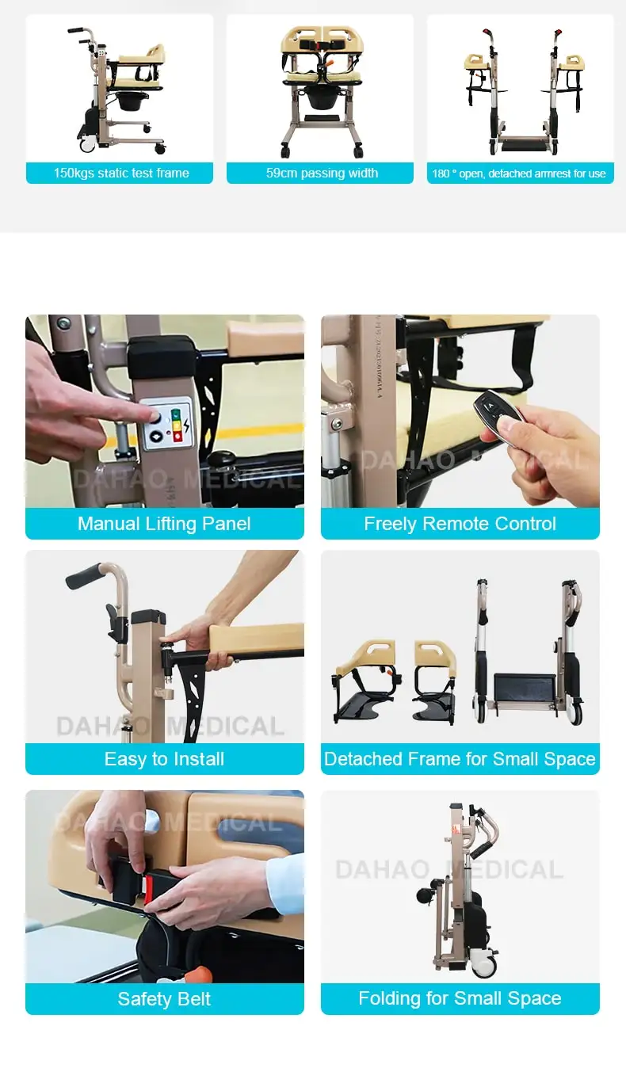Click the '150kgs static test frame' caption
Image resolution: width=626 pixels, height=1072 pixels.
(120, 174)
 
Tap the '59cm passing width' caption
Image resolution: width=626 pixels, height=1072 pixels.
(320, 174)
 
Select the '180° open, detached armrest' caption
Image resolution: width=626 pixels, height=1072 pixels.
(520, 174)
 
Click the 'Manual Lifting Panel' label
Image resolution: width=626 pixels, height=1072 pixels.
(164, 524)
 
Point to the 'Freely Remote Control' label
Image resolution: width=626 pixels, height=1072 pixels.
(460, 524)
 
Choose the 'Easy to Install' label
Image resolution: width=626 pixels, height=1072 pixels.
(164, 759)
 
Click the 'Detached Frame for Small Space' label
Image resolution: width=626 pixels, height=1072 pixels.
(460, 759)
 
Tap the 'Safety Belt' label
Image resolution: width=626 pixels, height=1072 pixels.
(164, 999)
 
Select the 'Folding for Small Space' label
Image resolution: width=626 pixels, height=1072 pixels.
(460, 998)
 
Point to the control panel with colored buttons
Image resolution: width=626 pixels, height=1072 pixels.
(167, 424)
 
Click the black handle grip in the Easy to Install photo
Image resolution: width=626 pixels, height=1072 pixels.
(83, 576)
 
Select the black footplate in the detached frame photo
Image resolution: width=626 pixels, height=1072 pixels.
(525, 688)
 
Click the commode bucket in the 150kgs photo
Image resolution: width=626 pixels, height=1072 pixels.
(127, 101)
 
